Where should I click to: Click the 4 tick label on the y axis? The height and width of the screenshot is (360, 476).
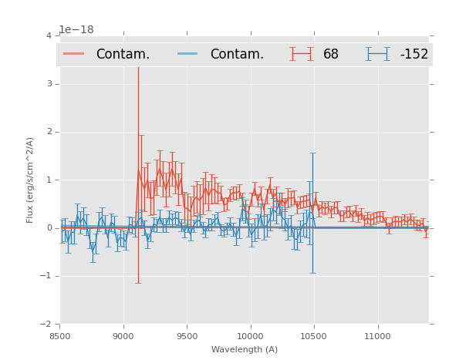coord(49,36)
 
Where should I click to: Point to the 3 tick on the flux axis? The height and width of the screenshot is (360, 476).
coord(49,84)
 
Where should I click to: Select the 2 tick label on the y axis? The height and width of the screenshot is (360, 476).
coord(49,132)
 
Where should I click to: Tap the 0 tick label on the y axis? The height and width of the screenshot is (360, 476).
coord(49,228)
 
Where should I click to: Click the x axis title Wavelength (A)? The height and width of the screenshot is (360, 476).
coord(245,350)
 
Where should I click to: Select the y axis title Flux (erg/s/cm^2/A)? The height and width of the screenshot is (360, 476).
coord(31,180)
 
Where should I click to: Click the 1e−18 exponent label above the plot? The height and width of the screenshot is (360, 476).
coord(76,29)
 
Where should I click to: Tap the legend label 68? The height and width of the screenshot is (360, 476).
coord(331,54)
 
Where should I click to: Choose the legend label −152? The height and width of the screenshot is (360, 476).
coord(414,54)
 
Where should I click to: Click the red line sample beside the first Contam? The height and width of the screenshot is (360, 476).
coord(73,54)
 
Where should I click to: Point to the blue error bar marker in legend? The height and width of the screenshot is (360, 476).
coord(377,54)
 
